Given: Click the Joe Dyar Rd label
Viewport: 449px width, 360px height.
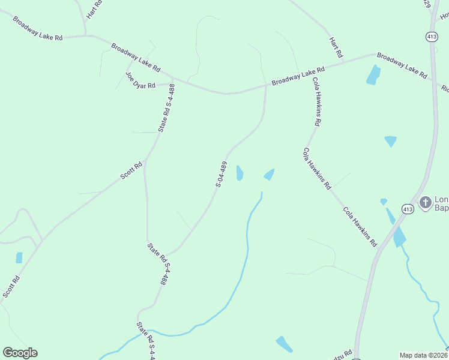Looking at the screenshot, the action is [140, 81].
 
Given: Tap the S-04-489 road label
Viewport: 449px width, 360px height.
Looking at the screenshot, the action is [221, 174].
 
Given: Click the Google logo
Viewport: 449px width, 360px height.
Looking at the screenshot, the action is [20, 353].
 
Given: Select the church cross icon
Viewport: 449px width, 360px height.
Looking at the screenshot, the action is [425, 202].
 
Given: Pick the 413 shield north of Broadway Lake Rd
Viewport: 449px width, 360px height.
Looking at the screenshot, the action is [431, 37].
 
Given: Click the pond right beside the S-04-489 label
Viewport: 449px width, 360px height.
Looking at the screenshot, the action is [240, 173].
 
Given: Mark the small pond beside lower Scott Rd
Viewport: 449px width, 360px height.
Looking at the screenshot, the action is [19, 257].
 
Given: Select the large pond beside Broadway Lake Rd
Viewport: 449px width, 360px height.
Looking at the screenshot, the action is [373, 74].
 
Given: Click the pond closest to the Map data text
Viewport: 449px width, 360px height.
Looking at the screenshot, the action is [284, 344].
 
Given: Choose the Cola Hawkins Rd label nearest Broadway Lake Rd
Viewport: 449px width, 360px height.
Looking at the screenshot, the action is [316, 101].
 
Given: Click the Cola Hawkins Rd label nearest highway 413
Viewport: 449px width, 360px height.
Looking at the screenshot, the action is [360, 227].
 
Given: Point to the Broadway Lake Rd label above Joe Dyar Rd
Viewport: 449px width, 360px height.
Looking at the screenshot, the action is [135, 56].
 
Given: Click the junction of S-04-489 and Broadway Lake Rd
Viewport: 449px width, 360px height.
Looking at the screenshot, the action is [266, 86].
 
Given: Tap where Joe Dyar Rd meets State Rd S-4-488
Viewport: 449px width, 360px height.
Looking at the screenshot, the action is [172, 84].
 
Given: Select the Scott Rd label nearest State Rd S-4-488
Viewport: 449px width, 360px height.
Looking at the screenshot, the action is [131, 170].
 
